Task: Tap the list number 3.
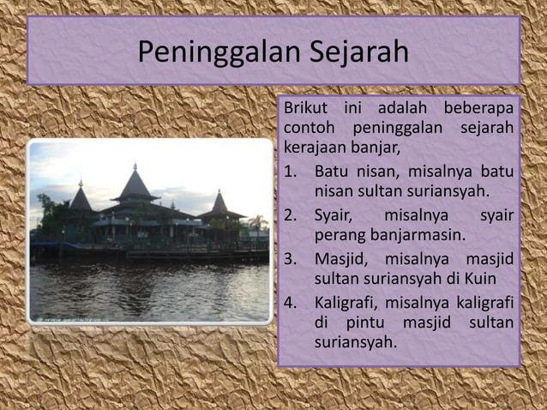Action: (291, 258)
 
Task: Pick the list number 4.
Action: (291, 302)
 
